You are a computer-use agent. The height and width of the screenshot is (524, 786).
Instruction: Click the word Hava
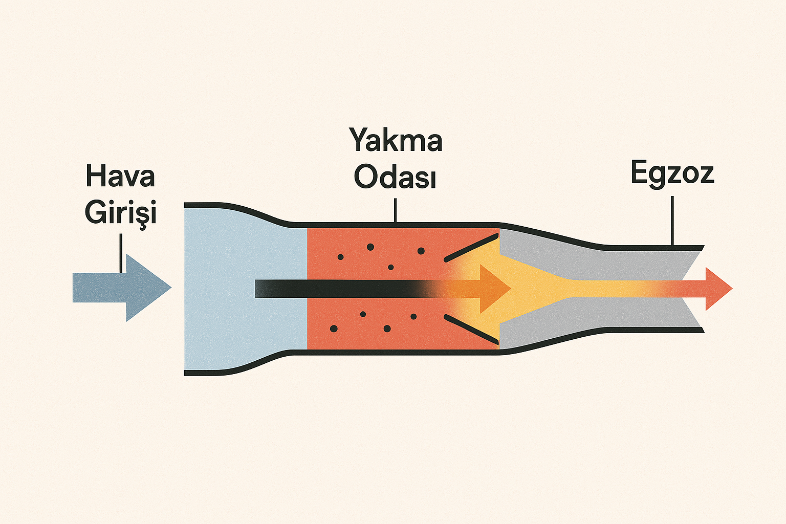pyautogui.click(x=120, y=176)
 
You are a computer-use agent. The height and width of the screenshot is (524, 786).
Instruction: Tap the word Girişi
pyautogui.click(x=120, y=212)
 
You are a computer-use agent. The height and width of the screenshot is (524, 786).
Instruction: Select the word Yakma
pyautogui.click(x=396, y=140)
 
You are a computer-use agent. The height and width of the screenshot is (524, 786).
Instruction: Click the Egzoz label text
pyautogui.click(x=671, y=173)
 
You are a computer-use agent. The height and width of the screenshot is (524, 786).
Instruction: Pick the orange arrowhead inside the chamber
pyautogui.click(x=494, y=289)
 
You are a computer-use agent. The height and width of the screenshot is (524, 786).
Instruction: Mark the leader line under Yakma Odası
pyautogui.click(x=395, y=210)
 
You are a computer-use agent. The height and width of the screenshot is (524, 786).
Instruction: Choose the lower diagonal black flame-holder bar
pyautogui.click(x=471, y=329)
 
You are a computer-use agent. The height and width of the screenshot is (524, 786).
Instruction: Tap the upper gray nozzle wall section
pyautogui.click(x=588, y=258)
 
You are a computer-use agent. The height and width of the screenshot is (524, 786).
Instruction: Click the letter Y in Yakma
pyautogui.click(x=359, y=140)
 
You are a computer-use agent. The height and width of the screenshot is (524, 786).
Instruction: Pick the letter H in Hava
pyautogui.click(x=95, y=176)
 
